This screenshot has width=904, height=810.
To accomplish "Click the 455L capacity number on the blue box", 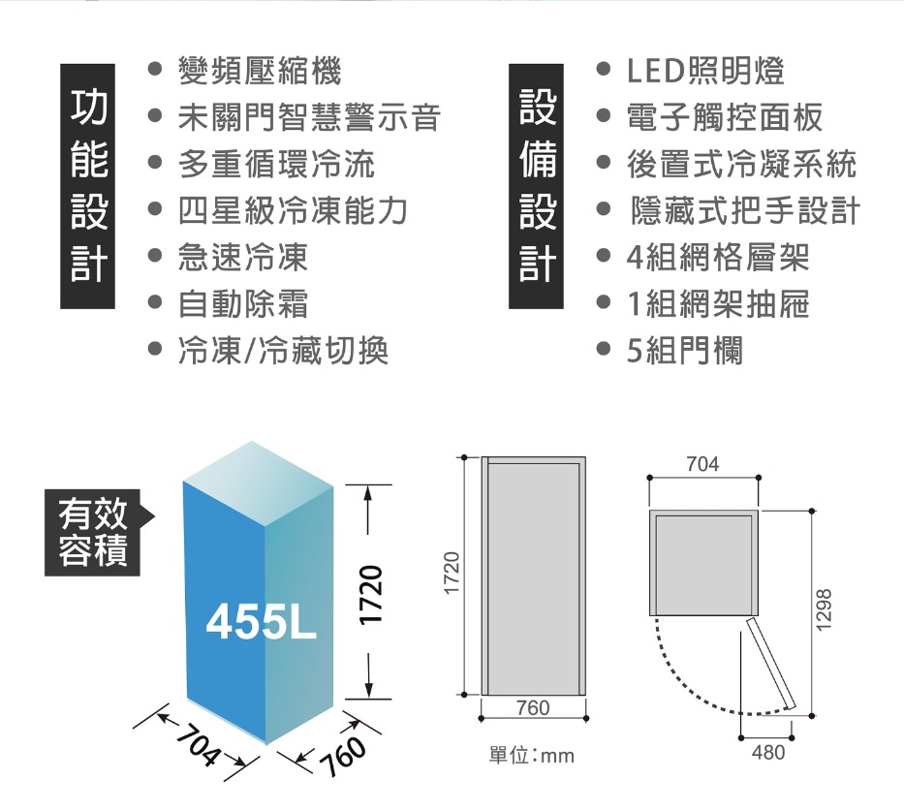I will point(261,626).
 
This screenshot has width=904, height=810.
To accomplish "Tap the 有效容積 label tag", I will point(93,532).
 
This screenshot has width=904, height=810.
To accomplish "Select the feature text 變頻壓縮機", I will point(259,70).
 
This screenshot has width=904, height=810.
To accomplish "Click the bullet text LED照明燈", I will point(705,70).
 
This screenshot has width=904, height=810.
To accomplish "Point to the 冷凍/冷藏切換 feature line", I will point(282,351).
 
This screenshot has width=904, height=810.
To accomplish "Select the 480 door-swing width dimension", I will point(768,753).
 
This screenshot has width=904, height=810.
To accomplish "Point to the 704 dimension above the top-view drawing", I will point(702,465).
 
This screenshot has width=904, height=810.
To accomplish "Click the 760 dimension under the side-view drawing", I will point(534,709).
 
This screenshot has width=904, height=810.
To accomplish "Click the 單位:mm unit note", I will point(532,755).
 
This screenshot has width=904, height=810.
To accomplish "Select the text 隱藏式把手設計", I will point(744,211).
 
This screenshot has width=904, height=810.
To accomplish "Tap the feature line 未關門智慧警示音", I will point(308,117).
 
